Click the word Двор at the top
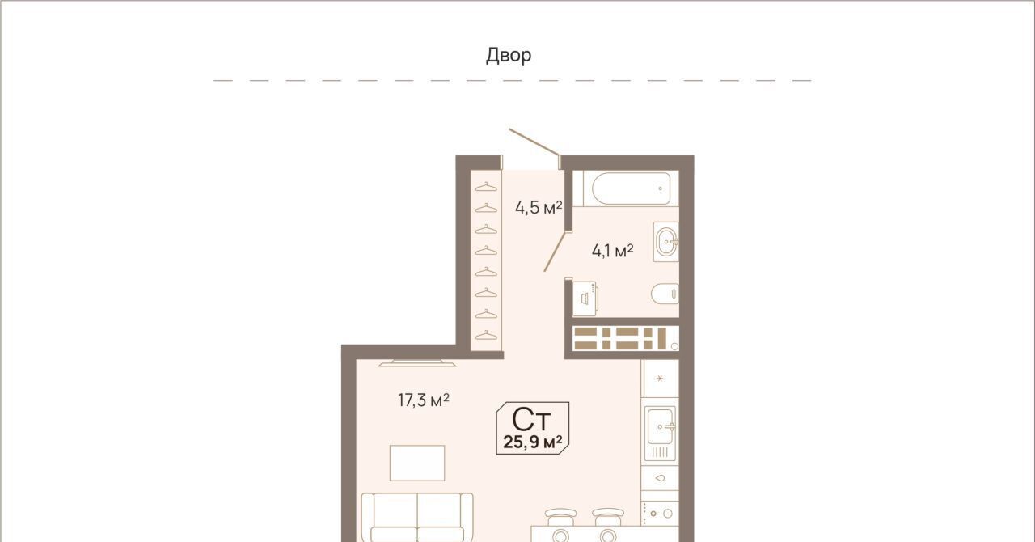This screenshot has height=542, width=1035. (x=509, y=56)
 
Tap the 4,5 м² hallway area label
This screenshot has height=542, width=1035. (x=539, y=208)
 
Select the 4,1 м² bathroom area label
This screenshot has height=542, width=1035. (x=612, y=251)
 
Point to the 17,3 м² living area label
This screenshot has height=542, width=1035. (x=424, y=400)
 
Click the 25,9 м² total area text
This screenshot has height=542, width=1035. (x=533, y=442)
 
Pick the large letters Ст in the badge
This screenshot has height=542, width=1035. (x=531, y=420)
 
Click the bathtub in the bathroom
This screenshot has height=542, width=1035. (x=632, y=188)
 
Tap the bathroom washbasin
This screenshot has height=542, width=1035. (x=666, y=241)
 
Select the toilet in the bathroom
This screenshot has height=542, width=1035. (x=665, y=294)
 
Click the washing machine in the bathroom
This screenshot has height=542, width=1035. (x=585, y=299)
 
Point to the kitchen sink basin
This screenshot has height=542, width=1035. (x=660, y=426)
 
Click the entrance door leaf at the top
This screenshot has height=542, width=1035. (x=534, y=142)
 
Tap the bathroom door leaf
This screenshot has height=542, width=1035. (x=555, y=251)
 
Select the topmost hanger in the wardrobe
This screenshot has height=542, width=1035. (x=486, y=187)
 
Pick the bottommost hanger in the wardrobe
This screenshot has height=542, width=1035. (x=486, y=335)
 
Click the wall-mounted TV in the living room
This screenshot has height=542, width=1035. (x=417, y=363)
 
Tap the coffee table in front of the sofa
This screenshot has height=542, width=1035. (x=417, y=463)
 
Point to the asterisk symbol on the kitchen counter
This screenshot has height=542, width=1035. (x=660, y=379)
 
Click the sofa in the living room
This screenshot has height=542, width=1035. (x=417, y=517)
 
